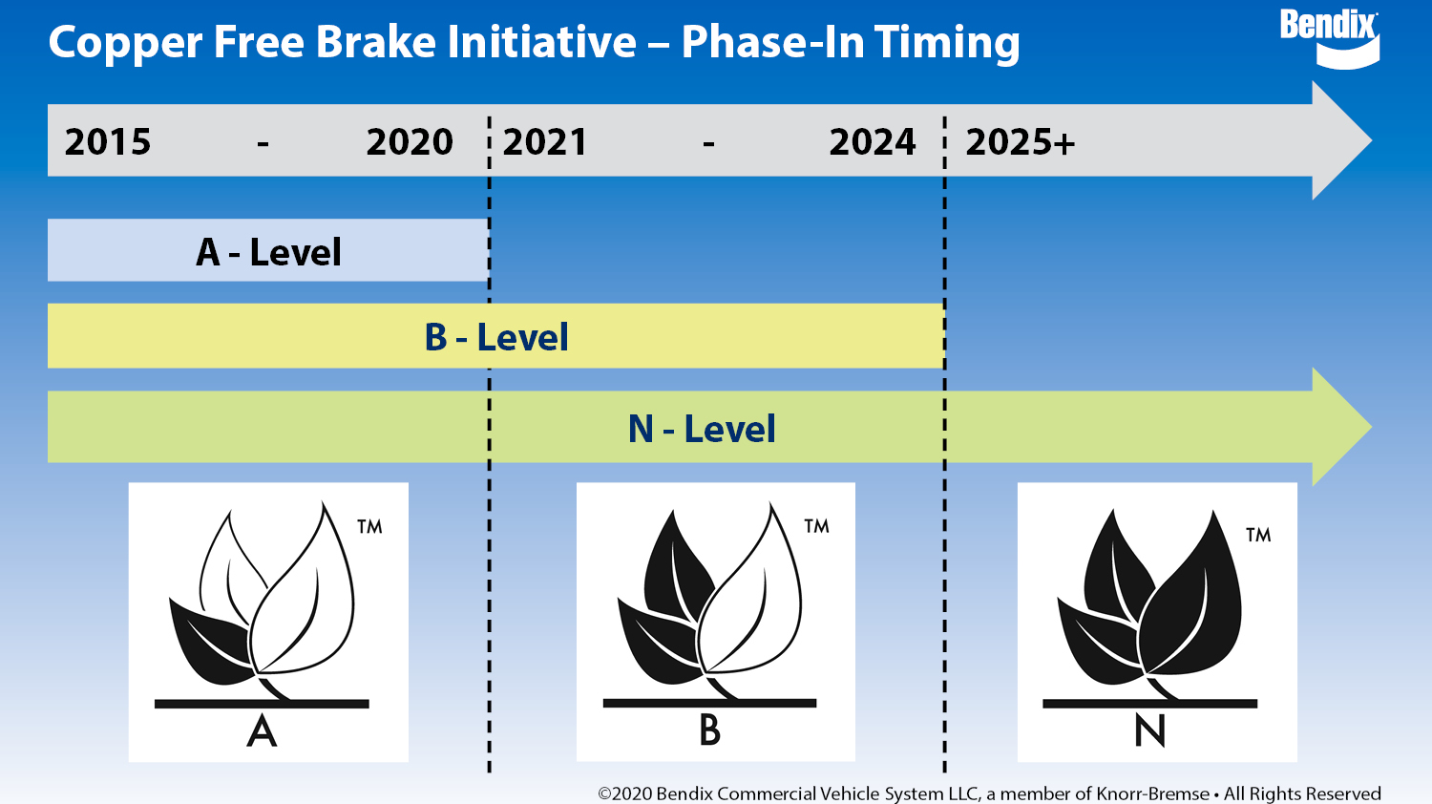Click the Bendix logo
1329,38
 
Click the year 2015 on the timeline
108,142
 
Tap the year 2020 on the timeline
410,142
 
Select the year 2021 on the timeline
544,142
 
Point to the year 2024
872,142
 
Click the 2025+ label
1020,142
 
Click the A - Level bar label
268,252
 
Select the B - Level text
496,337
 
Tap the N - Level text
702,429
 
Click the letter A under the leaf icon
262,732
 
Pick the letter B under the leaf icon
709,730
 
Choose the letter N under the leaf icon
1149,731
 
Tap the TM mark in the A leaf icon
369,527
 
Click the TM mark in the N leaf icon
1258,536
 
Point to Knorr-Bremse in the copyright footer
1152,793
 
